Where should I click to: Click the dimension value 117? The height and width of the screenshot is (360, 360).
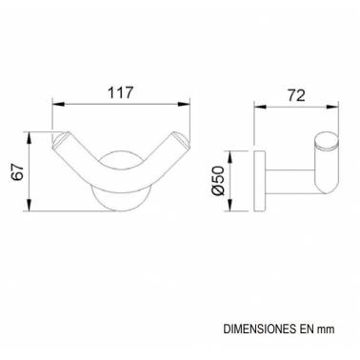(x=120, y=92)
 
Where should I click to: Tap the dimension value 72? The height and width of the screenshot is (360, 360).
(x=296, y=95)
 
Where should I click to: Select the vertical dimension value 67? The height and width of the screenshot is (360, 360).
(x=18, y=171)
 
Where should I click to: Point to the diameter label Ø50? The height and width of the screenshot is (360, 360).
(x=219, y=181)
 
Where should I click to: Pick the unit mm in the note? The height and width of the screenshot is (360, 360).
(x=326, y=330)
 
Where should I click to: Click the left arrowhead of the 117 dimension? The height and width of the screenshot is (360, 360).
(x=59, y=104)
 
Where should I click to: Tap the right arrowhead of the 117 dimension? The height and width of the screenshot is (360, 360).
(x=184, y=104)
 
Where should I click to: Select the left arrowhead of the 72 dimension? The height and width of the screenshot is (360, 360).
(x=260, y=107)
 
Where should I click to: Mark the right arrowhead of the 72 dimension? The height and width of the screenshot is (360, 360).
(x=332, y=107)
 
